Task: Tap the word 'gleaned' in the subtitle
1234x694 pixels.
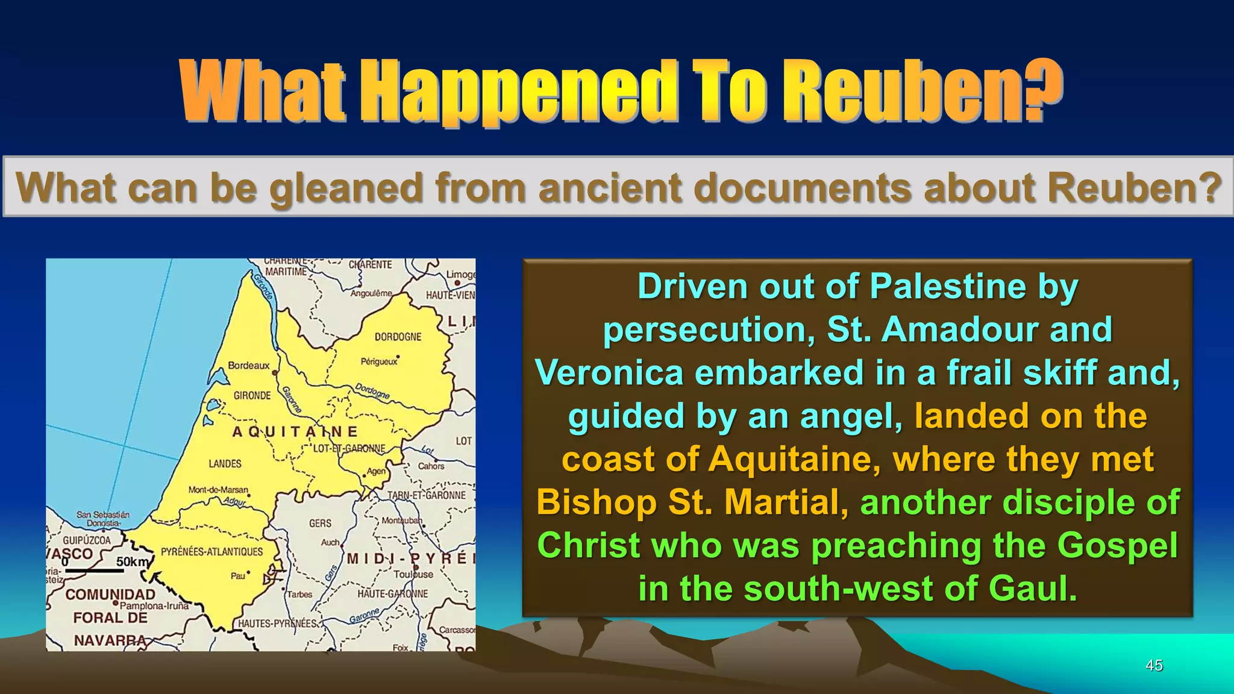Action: [x=346, y=188]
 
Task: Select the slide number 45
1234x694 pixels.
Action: [x=1154, y=666]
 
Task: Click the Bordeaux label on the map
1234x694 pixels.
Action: [x=249, y=366]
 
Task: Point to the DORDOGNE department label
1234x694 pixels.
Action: [x=398, y=337]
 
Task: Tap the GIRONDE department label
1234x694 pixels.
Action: [x=252, y=396]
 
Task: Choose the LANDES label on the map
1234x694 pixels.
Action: [x=225, y=464]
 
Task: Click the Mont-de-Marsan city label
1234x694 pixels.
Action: [x=218, y=490]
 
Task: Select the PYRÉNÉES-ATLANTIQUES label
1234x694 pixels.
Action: [x=211, y=552]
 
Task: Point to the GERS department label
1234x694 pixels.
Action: [x=320, y=524]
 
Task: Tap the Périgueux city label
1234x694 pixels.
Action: [x=379, y=361]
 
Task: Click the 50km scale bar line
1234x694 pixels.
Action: [x=94, y=571]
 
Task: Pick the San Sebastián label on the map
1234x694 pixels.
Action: [x=102, y=515]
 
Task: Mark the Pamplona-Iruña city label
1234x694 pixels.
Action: [x=154, y=606]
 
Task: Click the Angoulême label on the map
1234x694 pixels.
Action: [x=371, y=293]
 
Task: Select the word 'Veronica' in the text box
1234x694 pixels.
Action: [x=609, y=372]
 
